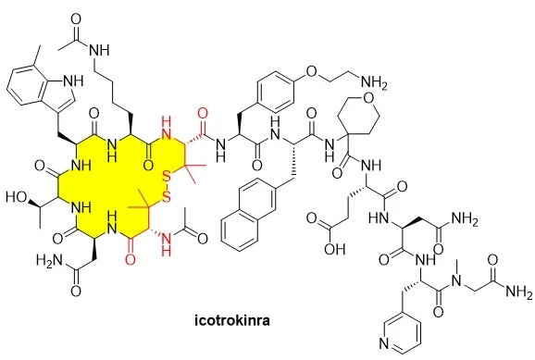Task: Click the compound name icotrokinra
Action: pos(232,320)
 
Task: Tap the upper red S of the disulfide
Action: pos(167,177)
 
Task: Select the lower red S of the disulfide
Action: pos(167,196)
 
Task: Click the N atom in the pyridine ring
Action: pos(384,343)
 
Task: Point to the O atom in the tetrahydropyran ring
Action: pos(368,98)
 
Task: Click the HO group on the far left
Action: pos(16,197)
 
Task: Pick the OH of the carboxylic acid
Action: pos(335,249)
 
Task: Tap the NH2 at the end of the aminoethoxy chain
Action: pos(374,83)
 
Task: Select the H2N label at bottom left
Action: pos(50,262)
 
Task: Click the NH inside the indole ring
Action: pos(73,81)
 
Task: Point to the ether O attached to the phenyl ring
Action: pos(311,71)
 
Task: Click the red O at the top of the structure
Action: pos(204,114)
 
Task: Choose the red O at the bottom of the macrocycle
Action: pos(130,259)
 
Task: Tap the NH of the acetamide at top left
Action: pos(99,50)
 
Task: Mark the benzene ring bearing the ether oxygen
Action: pos(275,92)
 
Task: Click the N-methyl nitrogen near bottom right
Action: pos(457,280)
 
